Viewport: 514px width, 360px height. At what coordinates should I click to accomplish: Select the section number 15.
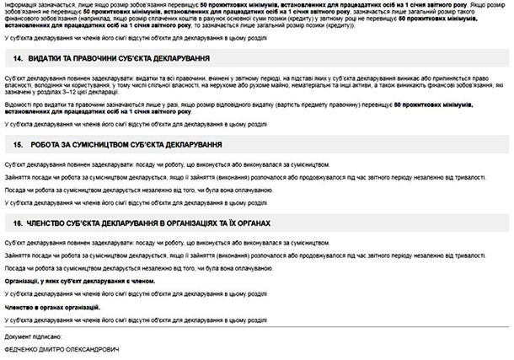coord(18,144)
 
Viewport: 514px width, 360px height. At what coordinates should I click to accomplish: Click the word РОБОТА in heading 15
coord(44,144)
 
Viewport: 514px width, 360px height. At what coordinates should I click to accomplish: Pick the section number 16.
coord(18,223)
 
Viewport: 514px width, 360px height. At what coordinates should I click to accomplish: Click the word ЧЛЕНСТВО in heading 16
coord(50,223)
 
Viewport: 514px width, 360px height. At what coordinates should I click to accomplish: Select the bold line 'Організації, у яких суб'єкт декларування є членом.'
coord(80,280)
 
